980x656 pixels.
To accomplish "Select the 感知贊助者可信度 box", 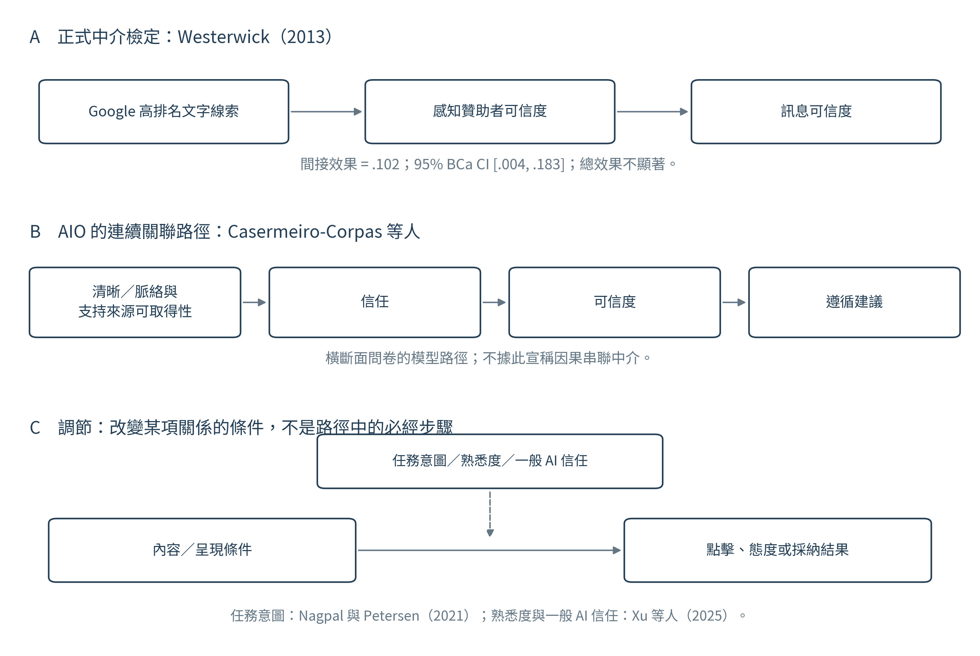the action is pyautogui.click(x=490, y=112).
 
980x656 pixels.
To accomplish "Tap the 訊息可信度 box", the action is pyautogui.click(x=816, y=112).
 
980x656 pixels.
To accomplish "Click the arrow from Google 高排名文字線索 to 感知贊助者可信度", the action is pyautogui.click(x=326, y=112).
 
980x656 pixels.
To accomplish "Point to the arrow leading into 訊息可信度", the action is pyautogui.click(x=652, y=112).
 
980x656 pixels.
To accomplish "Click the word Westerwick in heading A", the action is pyautogui.click(x=223, y=37).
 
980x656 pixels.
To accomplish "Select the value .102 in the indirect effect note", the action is pyautogui.click(x=385, y=164).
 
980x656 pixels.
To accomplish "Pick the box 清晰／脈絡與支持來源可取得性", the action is pyautogui.click(x=135, y=302).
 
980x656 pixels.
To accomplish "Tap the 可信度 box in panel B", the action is pyautogui.click(x=614, y=302).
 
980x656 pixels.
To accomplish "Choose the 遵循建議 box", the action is pyautogui.click(x=854, y=302).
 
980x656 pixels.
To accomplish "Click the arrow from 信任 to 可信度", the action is pyautogui.click(x=494, y=302).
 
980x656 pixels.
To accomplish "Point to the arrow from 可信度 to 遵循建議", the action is pyautogui.click(x=734, y=302).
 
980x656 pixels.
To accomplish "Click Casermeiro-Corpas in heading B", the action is pyautogui.click(x=305, y=232).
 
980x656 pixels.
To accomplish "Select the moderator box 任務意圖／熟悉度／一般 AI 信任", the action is pyautogui.click(x=490, y=461).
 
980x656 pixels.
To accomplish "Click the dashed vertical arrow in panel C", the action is pyautogui.click(x=490, y=513).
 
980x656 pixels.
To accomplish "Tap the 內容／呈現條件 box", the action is pyautogui.click(x=202, y=550).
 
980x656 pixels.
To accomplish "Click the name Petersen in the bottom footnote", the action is pyautogui.click(x=391, y=616).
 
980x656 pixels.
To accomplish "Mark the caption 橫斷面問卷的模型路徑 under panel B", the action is pyautogui.click(x=396, y=358).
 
